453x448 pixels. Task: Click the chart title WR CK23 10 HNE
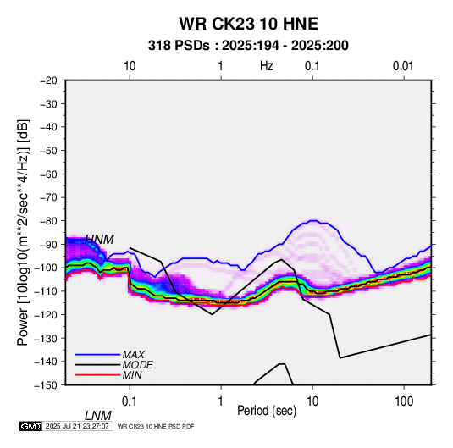tap(248, 24)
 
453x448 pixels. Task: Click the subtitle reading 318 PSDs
tap(179, 46)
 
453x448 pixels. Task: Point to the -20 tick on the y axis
tap(48, 80)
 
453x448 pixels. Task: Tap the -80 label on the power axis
tap(48, 221)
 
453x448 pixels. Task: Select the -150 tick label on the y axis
tap(47, 385)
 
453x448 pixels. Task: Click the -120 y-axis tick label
tap(47, 314)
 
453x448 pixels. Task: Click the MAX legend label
tap(134, 354)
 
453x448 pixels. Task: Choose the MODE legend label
tap(137, 365)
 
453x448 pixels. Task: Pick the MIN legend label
tap(132, 375)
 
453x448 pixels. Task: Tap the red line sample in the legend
tap(97, 375)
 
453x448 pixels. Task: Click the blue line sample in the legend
tap(97, 354)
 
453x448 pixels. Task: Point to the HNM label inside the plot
tap(100, 240)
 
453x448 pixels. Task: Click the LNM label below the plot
tap(98, 416)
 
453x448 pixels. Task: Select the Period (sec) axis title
tap(267, 411)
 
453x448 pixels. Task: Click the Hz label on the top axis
tap(267, 66)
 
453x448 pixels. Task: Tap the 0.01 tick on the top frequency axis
tap(403, 66)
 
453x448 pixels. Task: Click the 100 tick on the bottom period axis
tap(404, 401)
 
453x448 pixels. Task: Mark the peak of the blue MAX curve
tap(313, 220)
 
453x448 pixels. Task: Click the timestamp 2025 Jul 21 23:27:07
tap(77, 426)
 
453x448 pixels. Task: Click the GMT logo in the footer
tap(31, 426)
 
